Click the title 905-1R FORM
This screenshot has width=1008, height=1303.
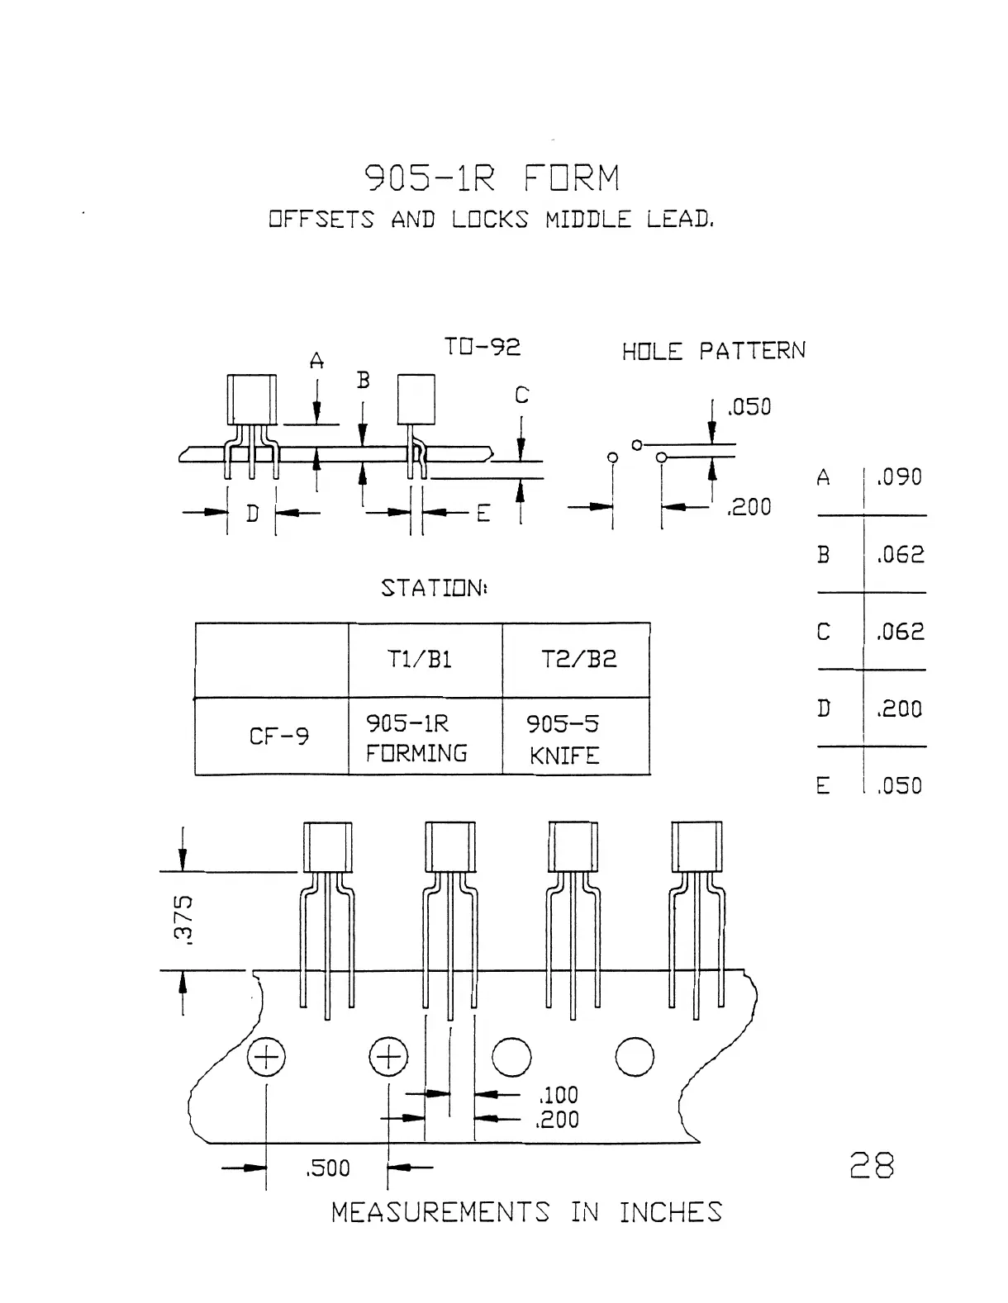pos(492,178)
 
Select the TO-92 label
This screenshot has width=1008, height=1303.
pos(482,347)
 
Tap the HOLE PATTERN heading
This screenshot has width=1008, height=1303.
pos(713,352)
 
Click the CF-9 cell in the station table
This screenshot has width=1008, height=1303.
pos(279,736)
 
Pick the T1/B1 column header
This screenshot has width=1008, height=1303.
pos(420,660)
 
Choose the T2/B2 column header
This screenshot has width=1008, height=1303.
pos(578,660)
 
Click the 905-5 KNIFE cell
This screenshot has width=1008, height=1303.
pos(564,739)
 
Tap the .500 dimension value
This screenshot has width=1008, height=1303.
pos(328,1168)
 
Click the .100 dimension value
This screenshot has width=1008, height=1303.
pos(559,1095)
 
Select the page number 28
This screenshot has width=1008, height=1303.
pos(872,1166)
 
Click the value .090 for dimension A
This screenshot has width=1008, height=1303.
pos(899,477)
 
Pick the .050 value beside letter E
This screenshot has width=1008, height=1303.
pos(899,785)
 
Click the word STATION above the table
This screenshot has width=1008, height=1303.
pos(433,588)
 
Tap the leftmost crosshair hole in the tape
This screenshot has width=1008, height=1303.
pos(267,1058)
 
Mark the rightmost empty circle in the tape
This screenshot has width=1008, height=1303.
pos(635,1057)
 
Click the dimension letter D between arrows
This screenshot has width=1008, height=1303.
pos(252,513)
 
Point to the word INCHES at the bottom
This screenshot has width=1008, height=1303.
pos(670,1212)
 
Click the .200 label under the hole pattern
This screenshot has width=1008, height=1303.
pos(749,507)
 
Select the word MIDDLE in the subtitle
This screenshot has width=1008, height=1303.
pos(587,220)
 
